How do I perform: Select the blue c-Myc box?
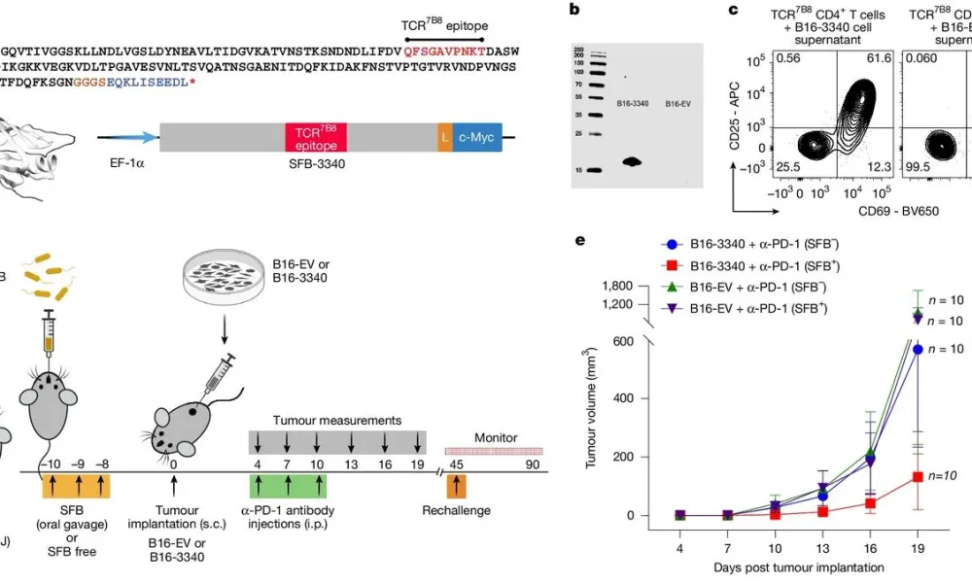(476, 137)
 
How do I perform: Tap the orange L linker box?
(444, 137)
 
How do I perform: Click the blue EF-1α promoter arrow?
(126, 139)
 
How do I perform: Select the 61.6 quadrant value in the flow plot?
(880, 60)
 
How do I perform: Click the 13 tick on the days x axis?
(820, 547)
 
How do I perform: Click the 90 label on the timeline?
(533, 464)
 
